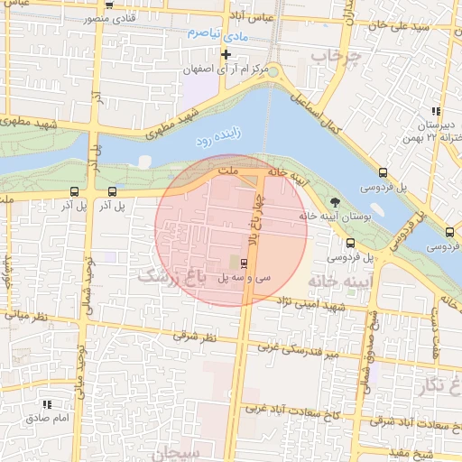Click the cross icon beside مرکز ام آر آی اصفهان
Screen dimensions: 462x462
point(226,54)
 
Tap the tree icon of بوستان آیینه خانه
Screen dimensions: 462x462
point(336,201)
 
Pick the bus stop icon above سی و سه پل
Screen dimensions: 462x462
point(245,263)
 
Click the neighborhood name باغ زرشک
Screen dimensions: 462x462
point(171,276)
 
